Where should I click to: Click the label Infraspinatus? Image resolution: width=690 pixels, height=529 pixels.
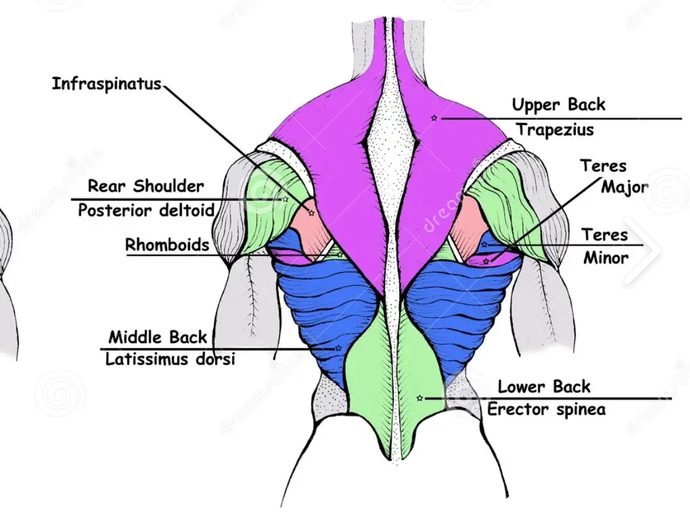[107, 84]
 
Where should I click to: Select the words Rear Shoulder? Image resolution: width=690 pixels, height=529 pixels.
[146, 186]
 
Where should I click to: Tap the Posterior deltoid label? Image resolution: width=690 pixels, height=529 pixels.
[146, 210]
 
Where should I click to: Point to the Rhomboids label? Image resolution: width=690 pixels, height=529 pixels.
[167, 245]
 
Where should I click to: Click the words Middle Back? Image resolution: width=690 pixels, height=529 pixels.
[158, 337]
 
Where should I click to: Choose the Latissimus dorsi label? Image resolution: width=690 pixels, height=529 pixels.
[170, 359]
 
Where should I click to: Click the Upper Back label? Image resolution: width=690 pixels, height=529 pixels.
[558, 105]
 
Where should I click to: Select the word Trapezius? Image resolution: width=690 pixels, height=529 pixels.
[554, 130]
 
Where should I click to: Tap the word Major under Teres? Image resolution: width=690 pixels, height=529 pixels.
[624, 188]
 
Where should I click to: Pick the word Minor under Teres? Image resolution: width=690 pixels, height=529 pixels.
[605, 258]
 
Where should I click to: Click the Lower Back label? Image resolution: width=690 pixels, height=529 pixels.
[544, 387]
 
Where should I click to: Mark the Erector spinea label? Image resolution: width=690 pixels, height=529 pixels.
[545, 409]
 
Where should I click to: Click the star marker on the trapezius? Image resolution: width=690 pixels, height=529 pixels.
[434, 118]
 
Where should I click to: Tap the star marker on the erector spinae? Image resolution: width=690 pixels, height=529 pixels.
[419, 398]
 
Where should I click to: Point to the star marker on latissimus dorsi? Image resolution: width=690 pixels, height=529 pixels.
[338, 348]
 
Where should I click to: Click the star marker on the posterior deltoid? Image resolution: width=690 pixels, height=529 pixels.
[285, 199]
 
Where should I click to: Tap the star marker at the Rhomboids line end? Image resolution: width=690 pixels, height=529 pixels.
[339, 255]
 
